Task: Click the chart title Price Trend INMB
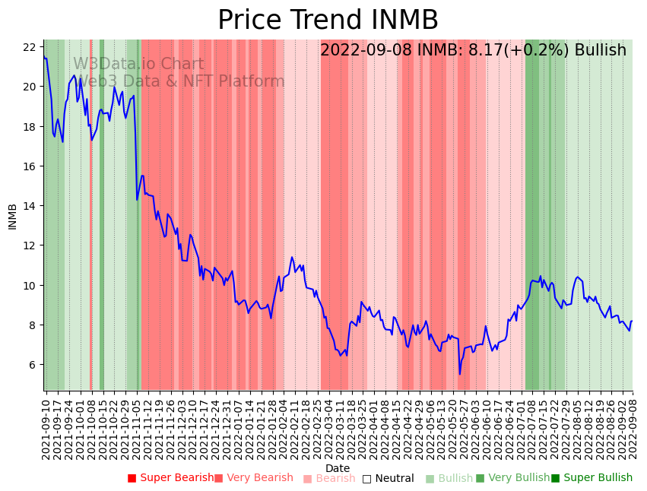(x=328, y=20)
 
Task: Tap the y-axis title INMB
(x=12, y=216)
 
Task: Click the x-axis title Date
(x=338, y=468)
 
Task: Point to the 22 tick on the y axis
(x=30, y=47)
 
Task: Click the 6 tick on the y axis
(x=33, y=365)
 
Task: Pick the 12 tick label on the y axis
(x=30, y=245)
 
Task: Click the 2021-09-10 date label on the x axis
(x=46, y=429)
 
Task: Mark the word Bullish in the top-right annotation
(x=600, y=51)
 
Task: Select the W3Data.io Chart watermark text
(x=138, y=65)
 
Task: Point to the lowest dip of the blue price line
(x=459, y=374)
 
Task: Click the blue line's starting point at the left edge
(x=44, y=57)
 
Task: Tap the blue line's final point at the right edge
(x=632, y=321)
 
